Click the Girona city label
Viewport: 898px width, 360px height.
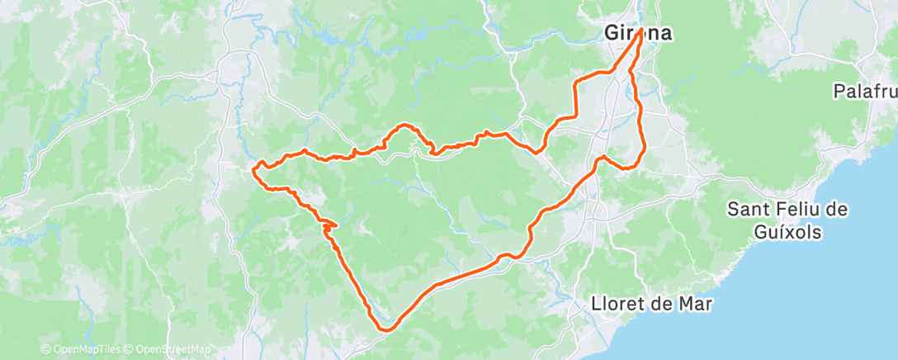[x=638, y=35]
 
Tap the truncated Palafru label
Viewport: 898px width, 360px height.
[x=865, y=91]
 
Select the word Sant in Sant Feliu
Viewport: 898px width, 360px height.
[x=748, y=210]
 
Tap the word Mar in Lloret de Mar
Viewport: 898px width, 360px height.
[x=696, y=304]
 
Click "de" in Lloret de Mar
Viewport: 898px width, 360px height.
[x=662, y=304]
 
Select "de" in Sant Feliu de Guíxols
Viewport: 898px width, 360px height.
[x=838, y=210]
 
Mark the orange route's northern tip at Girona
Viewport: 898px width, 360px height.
[x=640, y=29]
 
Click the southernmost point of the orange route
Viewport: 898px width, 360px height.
[x=385, y=329]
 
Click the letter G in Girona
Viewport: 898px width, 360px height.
[x=612, y=35]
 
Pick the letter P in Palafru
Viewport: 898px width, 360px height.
[x=839, y=91]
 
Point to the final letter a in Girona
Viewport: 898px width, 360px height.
[x=664, y=35]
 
